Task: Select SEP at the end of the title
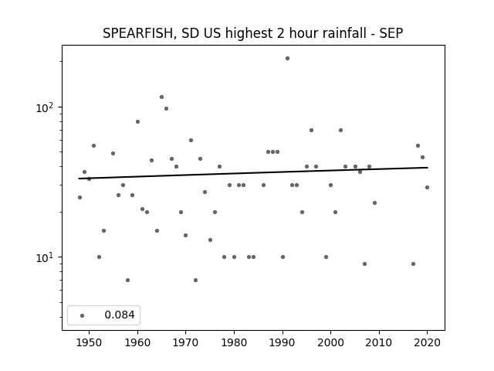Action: pyautogui.click(x=391, y=33)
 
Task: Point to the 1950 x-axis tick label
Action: pyautogui.click(x=90, y=342)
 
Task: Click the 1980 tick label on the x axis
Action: pyautogui.click(x=234, y=342)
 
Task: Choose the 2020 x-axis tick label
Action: pyautogui.click(x=427, y=342)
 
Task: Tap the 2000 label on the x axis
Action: pyautogui.click(x=330, y=342)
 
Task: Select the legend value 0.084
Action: pyautogui.click(x=120, y=315)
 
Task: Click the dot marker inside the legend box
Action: pyautogui.click(x=83, y=315)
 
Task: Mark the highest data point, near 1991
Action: pyautogui.click(x=287, y=59)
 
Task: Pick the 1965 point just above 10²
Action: pyautogui.click(x=161, y=97)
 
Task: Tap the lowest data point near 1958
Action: pyautogui.click(x=127, y=280)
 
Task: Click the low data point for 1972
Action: pyautogui.click(x=195, y=280)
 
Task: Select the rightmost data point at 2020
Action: pyautogui.click(x=427, y=187)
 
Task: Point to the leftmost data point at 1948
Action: pyautogui.click(x=80, y=198)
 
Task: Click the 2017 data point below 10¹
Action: pyautogui.click(x=414, y=264)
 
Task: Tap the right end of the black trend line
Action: pyautogui.click(x=428, y=168)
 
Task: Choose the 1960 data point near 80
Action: pyautogui.click(x=137, y=122)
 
